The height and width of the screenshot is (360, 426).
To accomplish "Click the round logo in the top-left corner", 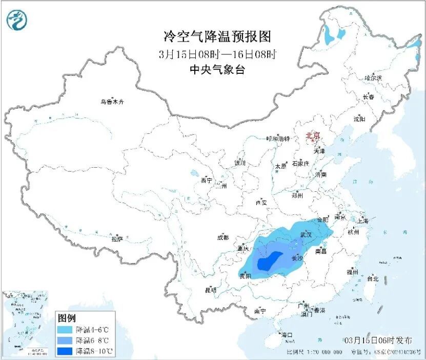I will pos(17,20).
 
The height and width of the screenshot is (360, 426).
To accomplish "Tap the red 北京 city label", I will pos(312,136).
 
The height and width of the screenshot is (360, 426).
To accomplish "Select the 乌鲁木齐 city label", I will pos(112,102).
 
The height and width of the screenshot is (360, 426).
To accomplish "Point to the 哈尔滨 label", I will pos(373,78).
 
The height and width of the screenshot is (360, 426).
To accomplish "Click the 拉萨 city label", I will pos(117,238).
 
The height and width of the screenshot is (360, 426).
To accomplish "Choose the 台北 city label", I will pos(373,279).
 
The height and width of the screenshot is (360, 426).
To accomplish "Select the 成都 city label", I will pos(223,237).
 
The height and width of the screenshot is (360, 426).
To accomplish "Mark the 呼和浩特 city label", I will pos(278,139).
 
